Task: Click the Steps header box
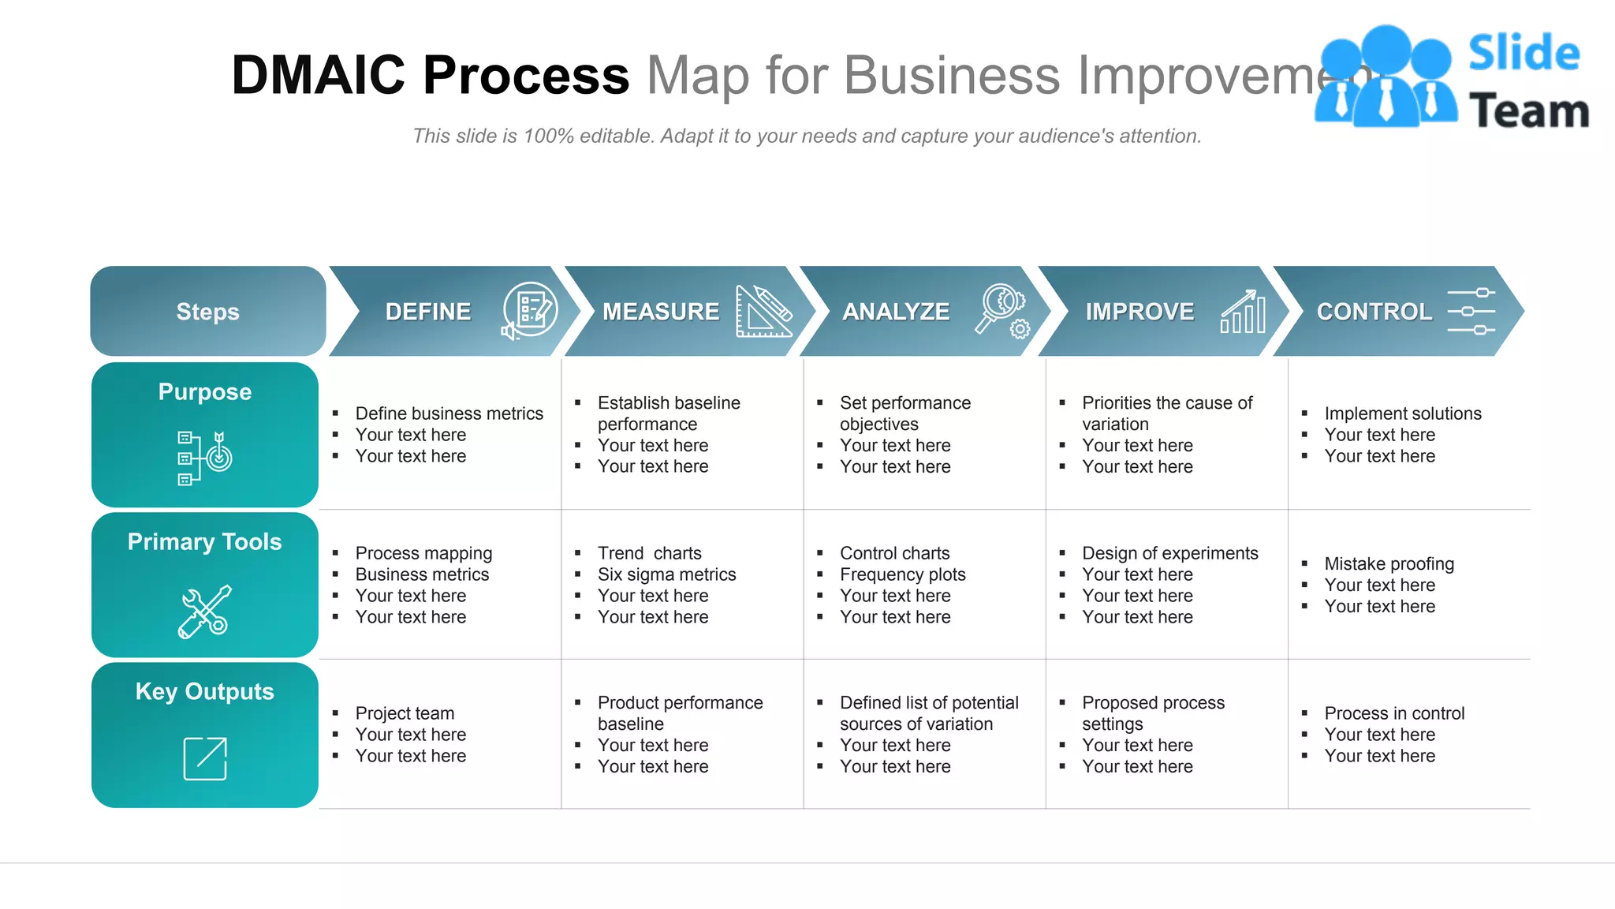207,311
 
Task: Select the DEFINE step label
428,312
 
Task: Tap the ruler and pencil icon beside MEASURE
763,312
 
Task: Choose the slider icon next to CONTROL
1471,312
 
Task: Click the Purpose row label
205,392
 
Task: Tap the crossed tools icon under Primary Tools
204,612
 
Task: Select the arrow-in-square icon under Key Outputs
205,758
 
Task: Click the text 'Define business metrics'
449,413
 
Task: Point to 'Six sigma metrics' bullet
666,574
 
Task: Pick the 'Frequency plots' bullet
902,574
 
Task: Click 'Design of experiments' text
1169,553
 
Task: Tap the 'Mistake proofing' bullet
1389,563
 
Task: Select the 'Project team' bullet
405,713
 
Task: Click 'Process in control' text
1394,713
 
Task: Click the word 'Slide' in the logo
1524,54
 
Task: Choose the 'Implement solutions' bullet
1402,413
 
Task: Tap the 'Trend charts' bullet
649,553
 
